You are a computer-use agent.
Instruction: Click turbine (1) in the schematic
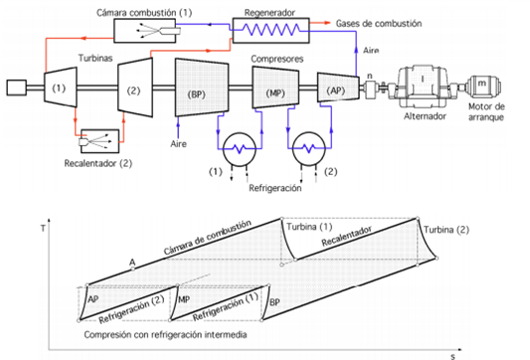pos(61,88)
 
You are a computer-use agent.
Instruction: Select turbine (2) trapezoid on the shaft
pos(135,88)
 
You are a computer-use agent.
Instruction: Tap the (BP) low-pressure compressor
pos(202,88)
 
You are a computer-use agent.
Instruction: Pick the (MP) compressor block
pos(275,88)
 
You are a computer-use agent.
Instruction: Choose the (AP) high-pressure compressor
pos(338,88)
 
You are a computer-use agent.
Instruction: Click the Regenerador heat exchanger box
pos(271,31)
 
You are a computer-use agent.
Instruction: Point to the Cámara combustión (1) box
pos(144,31)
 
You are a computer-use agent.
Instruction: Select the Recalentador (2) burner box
pos(100,141)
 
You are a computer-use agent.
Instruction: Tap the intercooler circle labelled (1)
pos(240,149)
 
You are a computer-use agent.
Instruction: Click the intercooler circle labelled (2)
pos(309,148)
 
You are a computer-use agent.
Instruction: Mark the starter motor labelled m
pos(483,86)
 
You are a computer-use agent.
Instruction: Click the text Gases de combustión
pos(379,23)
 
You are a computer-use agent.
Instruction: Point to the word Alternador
pos(425,116)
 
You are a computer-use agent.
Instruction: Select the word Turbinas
pos(95,58)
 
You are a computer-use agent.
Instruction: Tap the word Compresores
pos(276,59)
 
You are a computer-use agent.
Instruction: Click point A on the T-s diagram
pos(133,269)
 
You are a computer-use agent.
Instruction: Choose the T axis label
pos(43,229)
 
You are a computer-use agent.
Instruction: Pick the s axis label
pos(452,356)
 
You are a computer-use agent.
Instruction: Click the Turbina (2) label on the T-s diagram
pos(446,230)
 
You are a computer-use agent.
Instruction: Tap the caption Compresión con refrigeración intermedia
pos(165,335)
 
